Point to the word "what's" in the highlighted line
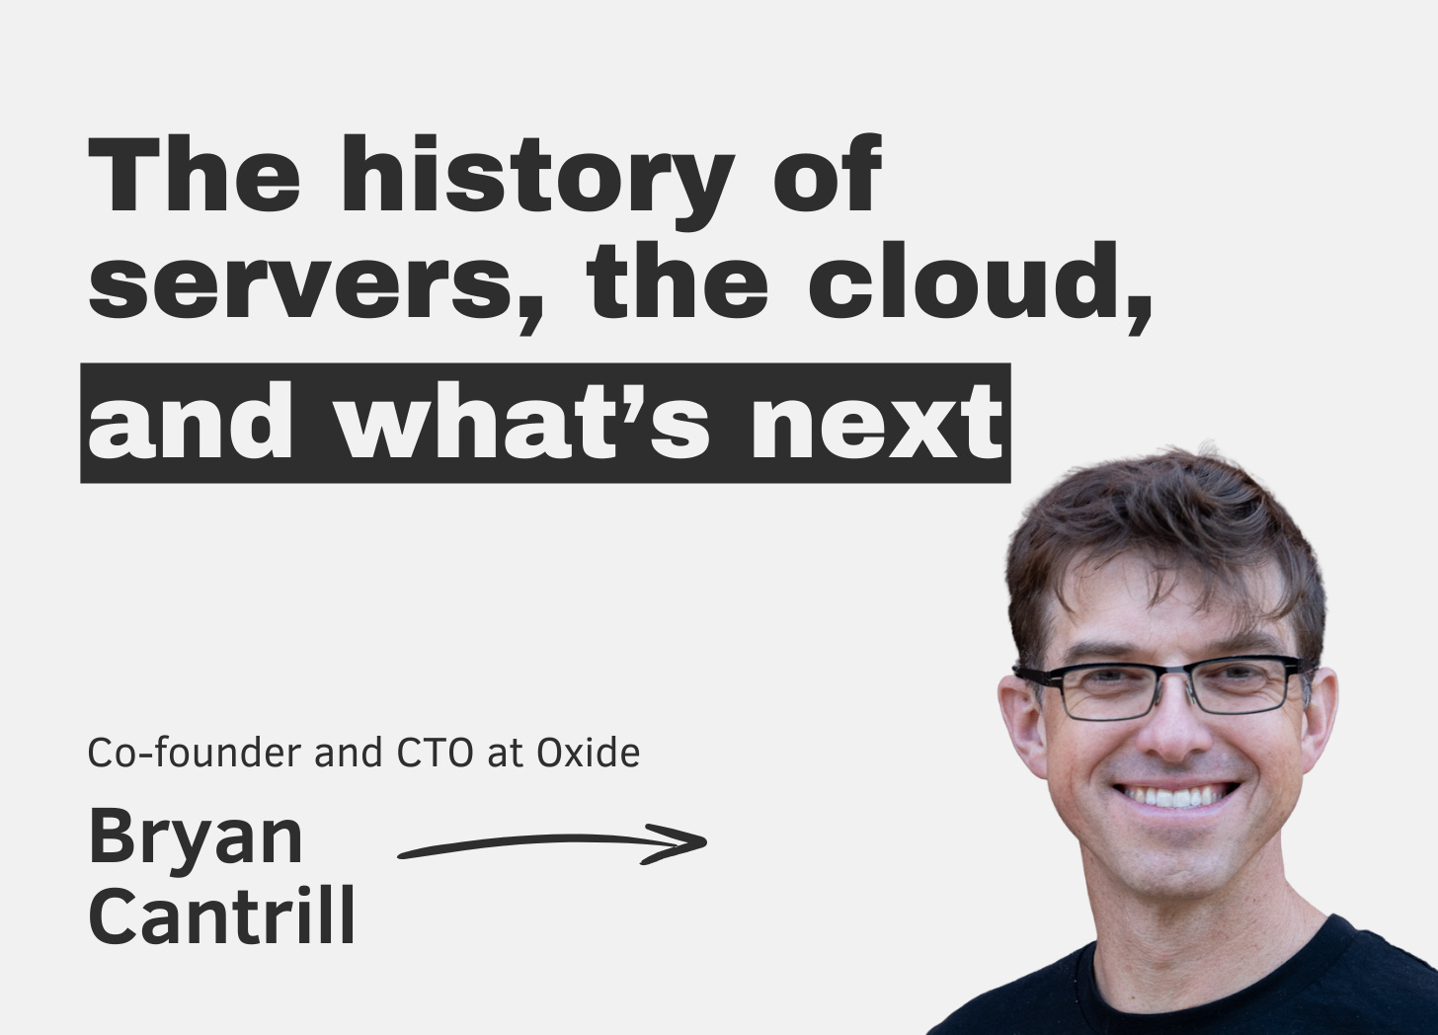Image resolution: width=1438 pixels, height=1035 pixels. tap(522, 423)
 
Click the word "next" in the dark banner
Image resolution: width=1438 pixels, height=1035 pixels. tap(875, 423)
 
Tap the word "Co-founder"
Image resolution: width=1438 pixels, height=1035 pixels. tap(195, 754)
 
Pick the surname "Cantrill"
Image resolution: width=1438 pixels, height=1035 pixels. tap(221, 916)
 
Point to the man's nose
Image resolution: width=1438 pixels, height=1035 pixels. tap(1168, 731)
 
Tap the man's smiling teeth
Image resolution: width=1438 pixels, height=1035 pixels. tap(1175, 795)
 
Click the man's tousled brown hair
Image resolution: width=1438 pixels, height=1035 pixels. tap(1156, 533)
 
